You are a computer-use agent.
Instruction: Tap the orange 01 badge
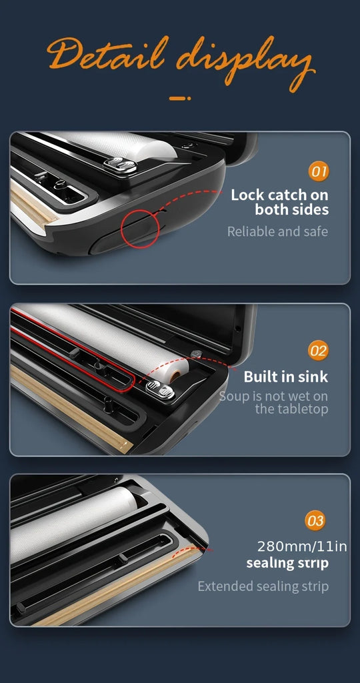pyautogui.click(x=319, y=171)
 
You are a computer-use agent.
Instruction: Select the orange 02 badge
pyautogui.click(x=318, y=351)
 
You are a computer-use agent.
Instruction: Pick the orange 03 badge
pyautogui.click(x=315, y=521)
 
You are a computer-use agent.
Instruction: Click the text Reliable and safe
pyautogui.click(x=278, y=231)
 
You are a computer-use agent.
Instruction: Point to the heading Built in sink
pyautogui.click(x=285, y=376)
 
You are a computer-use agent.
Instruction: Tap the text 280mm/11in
pyautogui.click(x=302, y=546)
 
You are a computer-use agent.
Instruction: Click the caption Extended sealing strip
pyautogui.click(x=263, y=586)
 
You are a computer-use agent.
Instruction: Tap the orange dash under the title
pyautogui.click(x=180, y=99)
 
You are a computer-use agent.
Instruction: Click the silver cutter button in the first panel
pyautogui.click(x=120, y=165)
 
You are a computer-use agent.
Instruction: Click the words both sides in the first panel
pyautogui.click(x=291, y=209)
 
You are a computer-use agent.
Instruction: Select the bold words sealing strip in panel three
pyautogui.click(x=287, y=563)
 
